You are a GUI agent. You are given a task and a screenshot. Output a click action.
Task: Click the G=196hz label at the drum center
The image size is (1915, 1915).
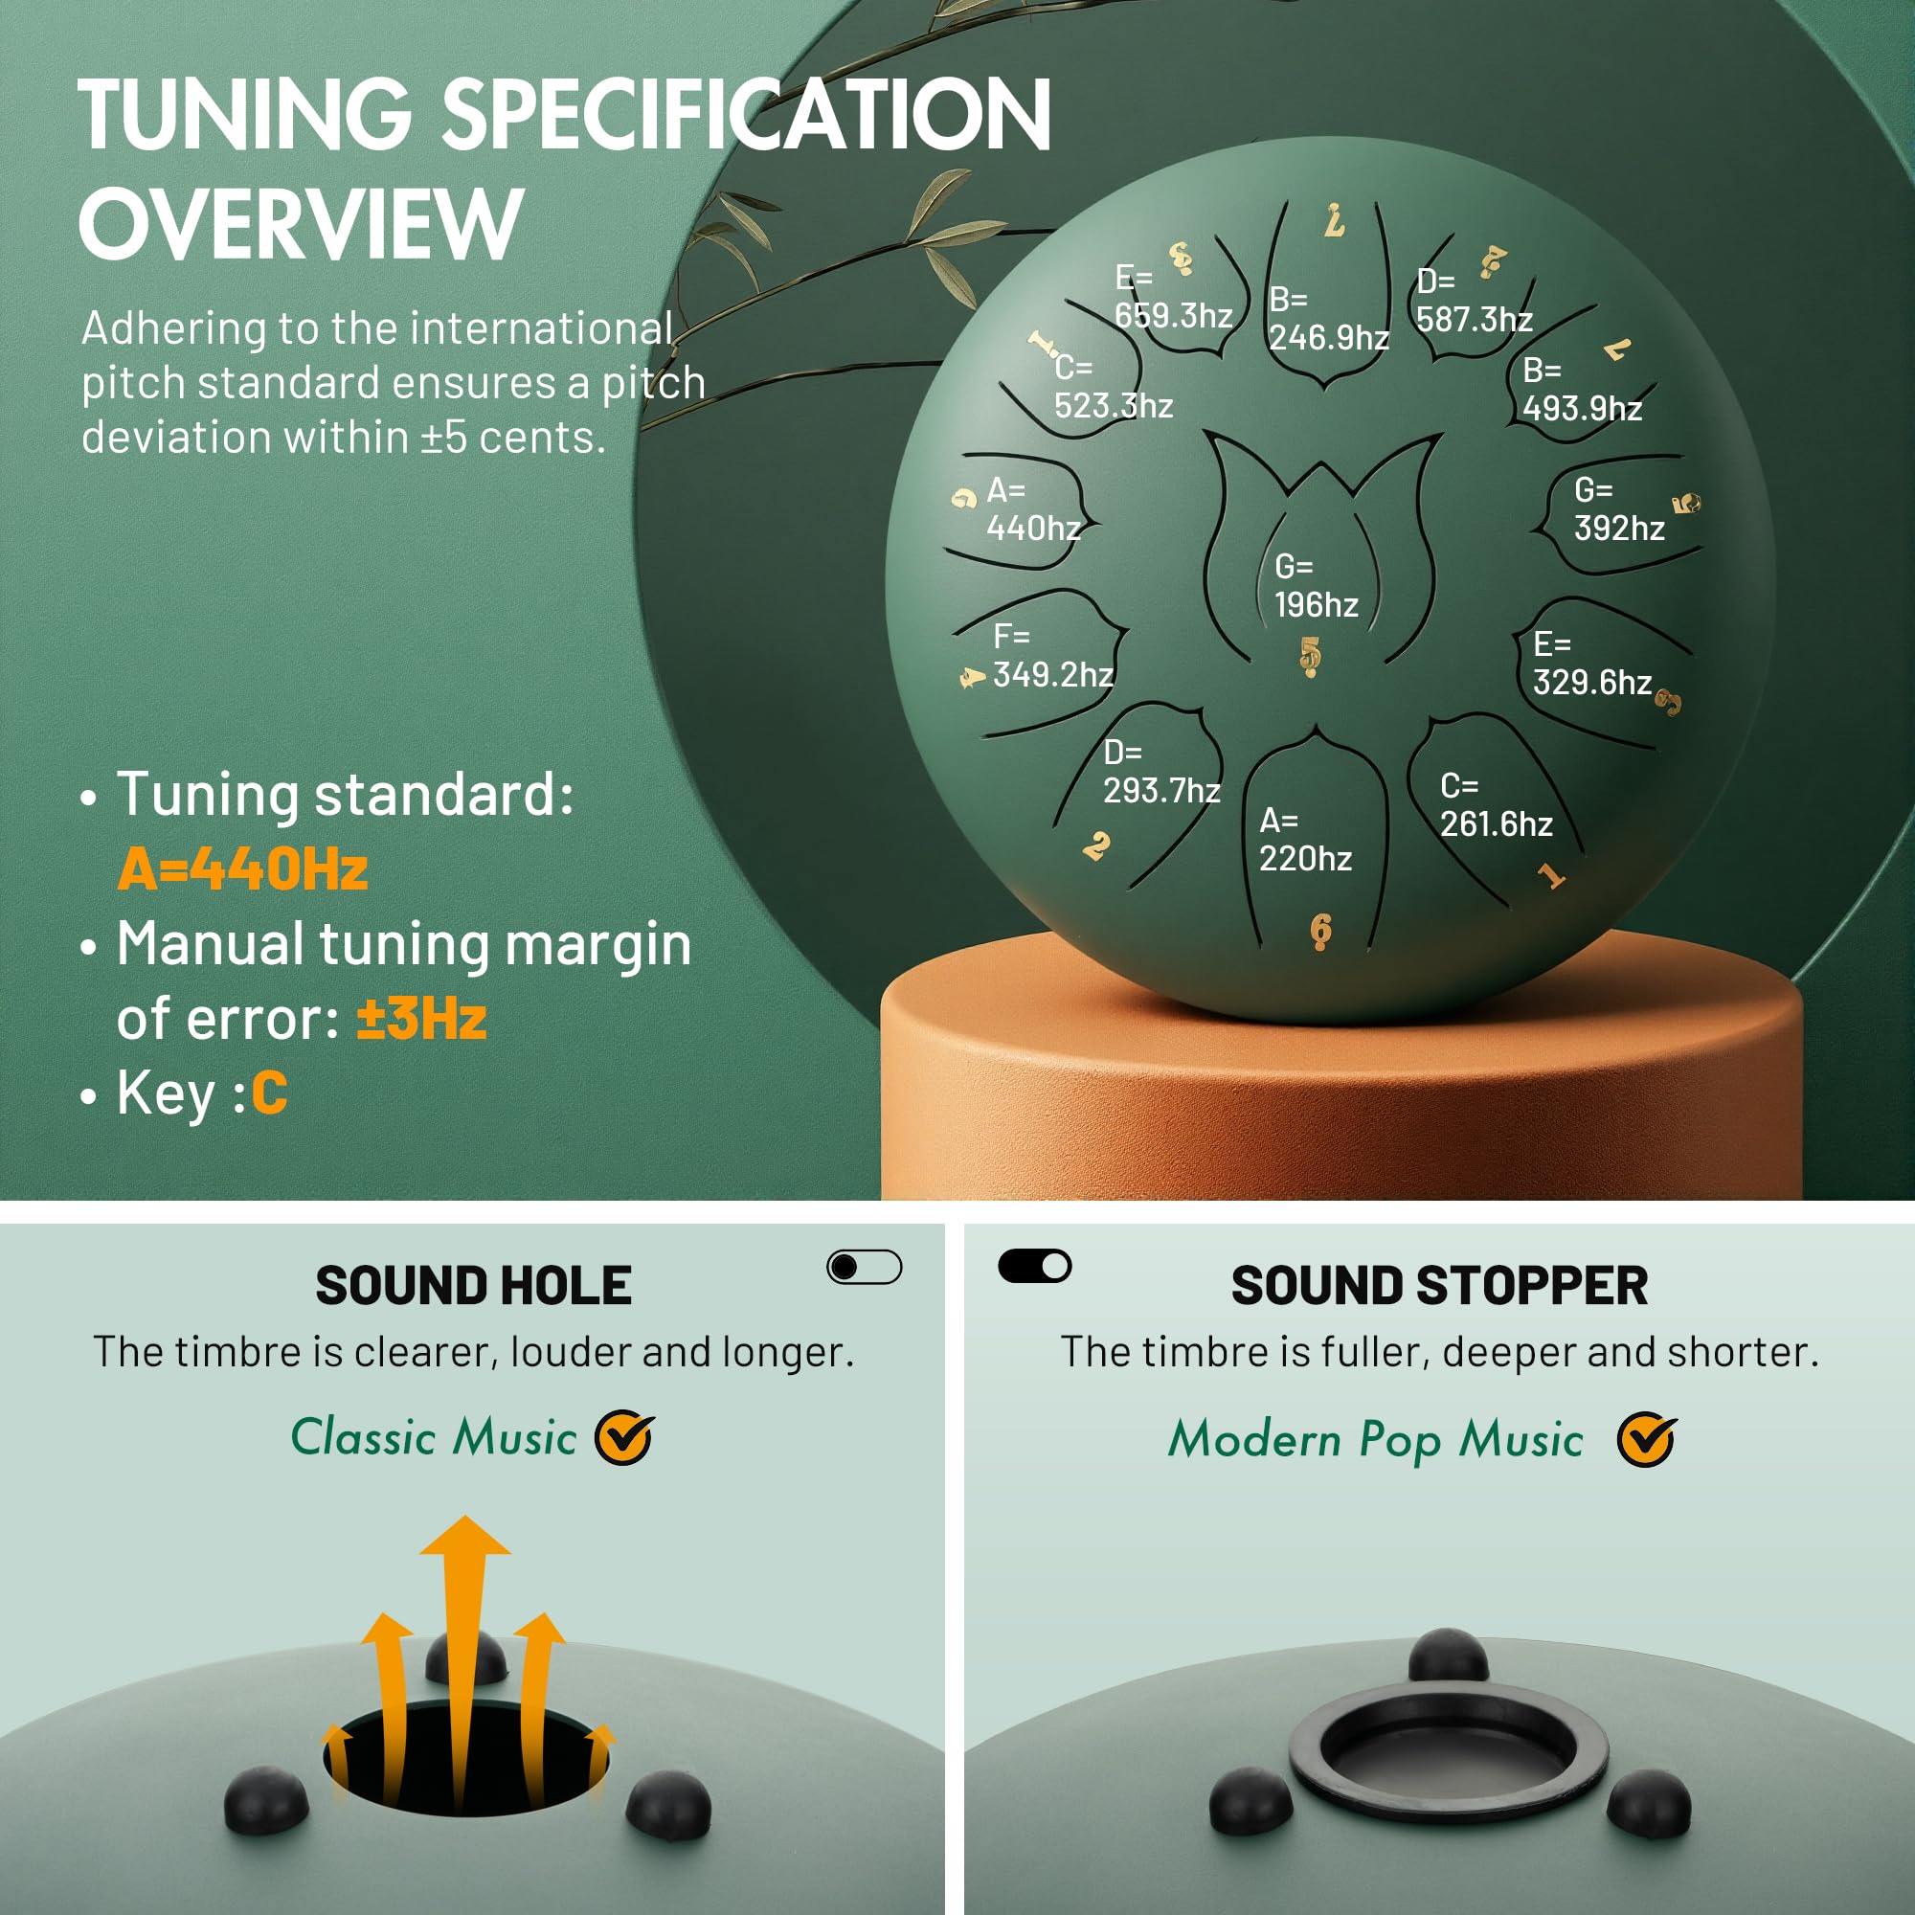click(1316, 586)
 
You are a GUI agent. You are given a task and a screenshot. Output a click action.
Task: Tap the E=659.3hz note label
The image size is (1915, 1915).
click(1174, 297)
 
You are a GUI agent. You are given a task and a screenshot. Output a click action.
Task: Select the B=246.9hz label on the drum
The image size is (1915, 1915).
click(1329, 318)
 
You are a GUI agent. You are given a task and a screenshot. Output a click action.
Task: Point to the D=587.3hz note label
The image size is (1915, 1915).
click(1475, 301)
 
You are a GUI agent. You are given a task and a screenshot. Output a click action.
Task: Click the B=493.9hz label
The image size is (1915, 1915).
click(1582, 389)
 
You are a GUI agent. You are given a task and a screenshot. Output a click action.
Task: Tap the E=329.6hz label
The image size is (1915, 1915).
click(1593, 664)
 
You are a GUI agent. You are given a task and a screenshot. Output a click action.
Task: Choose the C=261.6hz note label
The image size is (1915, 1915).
click(1497, 805)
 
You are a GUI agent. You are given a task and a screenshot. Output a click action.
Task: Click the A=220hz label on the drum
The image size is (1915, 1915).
click(1305, 840)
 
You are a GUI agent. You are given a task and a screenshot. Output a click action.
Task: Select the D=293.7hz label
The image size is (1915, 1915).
click(1161, 771)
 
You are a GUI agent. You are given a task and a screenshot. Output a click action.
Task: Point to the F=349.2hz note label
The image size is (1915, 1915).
click(1052, 655)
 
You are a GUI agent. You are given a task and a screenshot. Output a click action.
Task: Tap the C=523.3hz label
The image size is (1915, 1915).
click(1114, 387)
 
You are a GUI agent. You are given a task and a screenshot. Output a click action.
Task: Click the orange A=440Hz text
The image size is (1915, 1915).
click(243, 869)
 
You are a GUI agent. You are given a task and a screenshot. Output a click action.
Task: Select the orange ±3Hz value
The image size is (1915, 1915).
click(421, 1018)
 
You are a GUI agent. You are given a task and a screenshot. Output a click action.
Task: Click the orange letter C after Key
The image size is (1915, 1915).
click(270, 1093)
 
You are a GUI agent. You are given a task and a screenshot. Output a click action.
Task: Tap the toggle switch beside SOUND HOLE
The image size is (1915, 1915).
click(865, 1267)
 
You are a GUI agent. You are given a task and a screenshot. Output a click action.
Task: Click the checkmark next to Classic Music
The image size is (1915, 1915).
click(624, 1437)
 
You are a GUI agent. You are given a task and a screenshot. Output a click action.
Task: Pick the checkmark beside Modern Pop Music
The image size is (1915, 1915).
click(1646, 1439)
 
